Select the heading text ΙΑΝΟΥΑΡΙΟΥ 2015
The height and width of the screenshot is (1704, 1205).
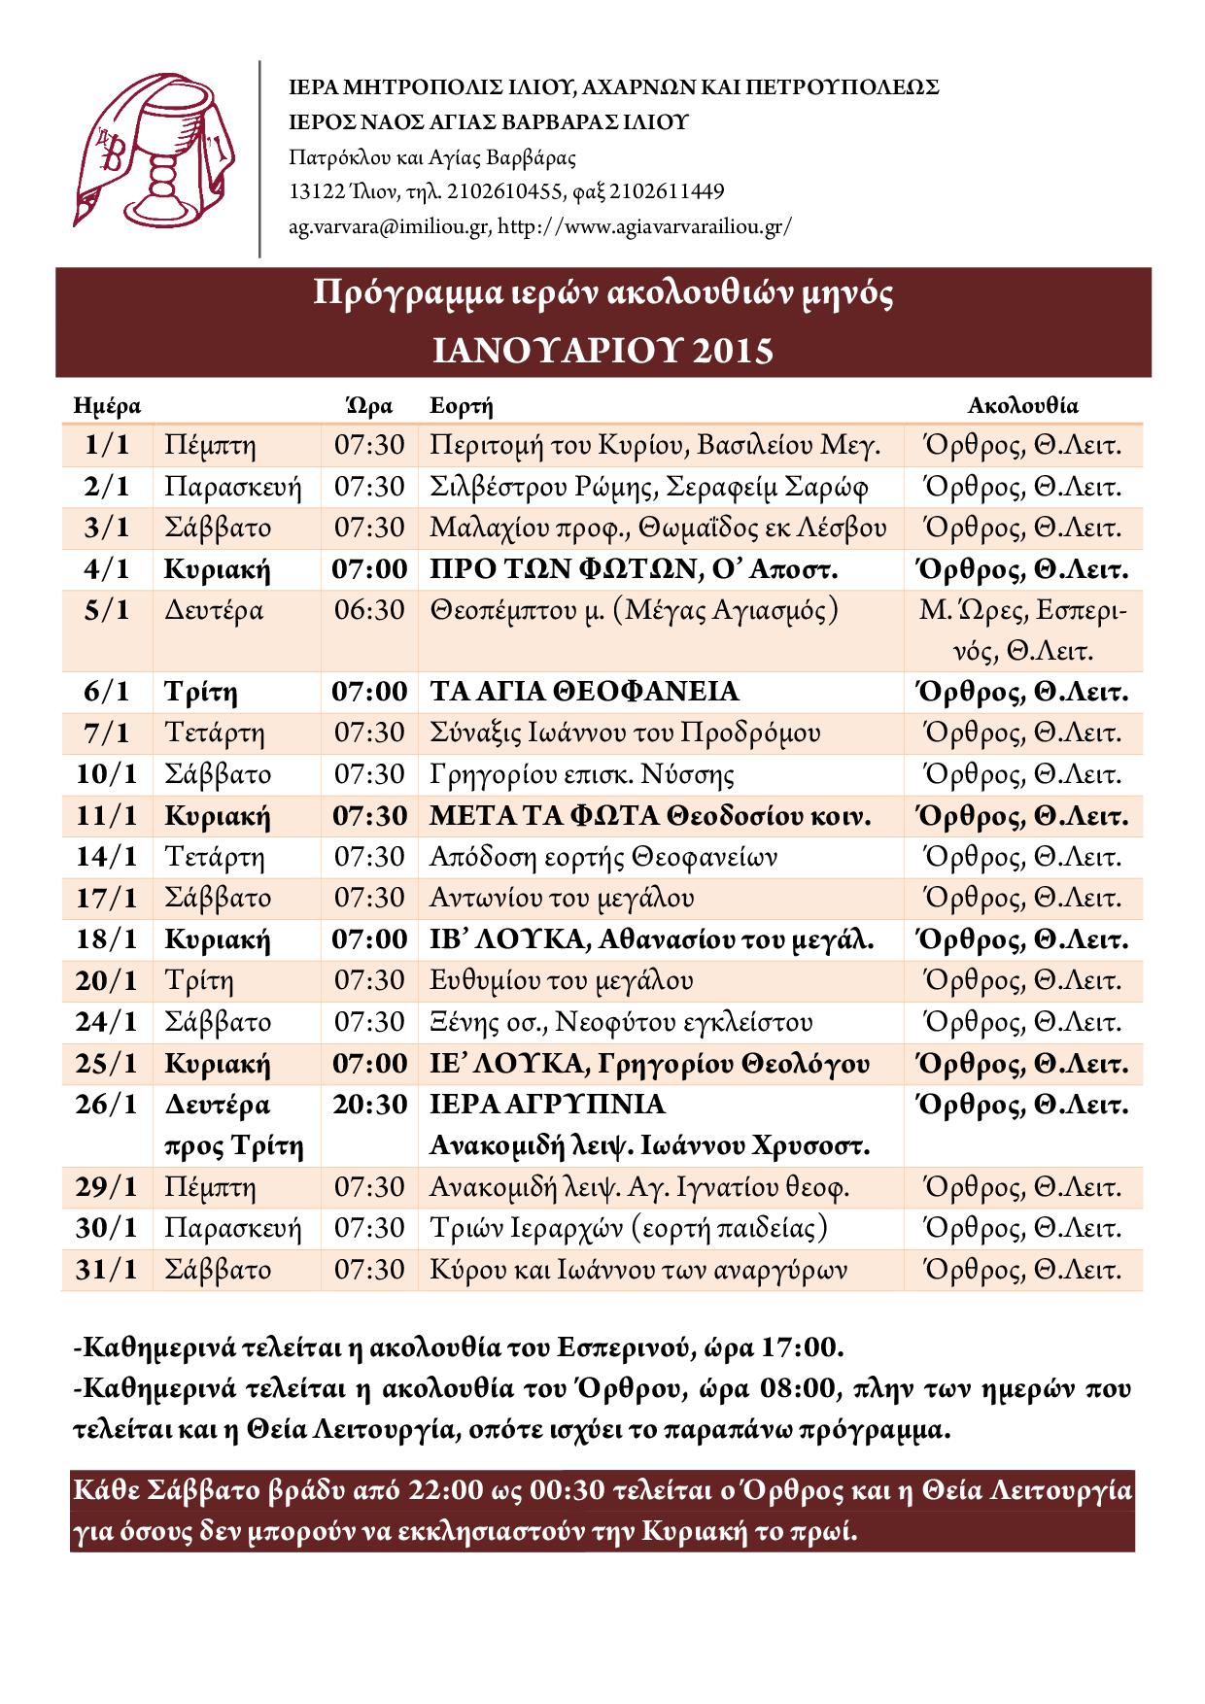602,351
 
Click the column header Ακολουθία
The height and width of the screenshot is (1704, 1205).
1022,406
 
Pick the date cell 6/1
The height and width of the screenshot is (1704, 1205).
106,692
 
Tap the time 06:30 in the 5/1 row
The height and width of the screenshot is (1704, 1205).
369,610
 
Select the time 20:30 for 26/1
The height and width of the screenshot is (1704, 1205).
369,1105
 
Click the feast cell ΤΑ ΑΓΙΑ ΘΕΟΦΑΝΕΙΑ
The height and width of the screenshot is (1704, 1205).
584,692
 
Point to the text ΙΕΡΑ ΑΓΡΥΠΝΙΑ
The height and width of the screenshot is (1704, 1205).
547,1105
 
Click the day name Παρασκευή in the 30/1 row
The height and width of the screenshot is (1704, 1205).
233,1228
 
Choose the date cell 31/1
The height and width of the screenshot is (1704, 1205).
106,1270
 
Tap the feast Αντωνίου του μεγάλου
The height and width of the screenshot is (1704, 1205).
562,899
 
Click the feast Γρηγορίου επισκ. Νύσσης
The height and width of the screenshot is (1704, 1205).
581,774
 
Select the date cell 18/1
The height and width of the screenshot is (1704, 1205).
106,939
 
